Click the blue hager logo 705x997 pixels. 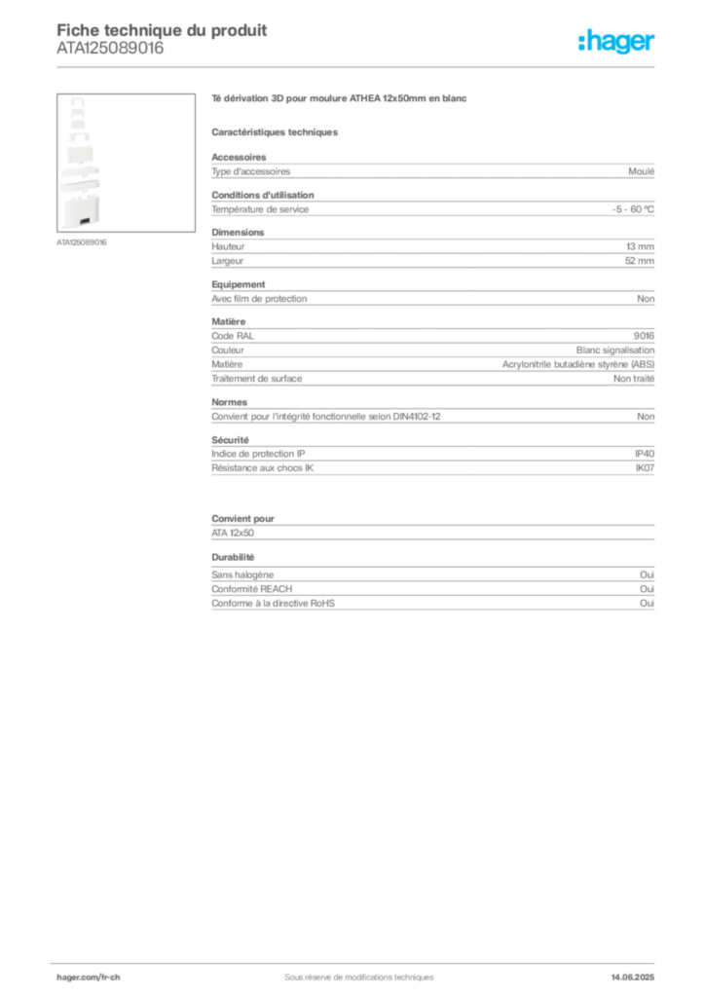tap(618, 43)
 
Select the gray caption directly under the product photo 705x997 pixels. tap(81, 241)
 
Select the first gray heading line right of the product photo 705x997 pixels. tap(342, 100)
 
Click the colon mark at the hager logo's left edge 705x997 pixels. tap(580, 43)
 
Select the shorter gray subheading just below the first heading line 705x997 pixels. tap(276, 131)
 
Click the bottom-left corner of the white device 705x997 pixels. tap(61, 228)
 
